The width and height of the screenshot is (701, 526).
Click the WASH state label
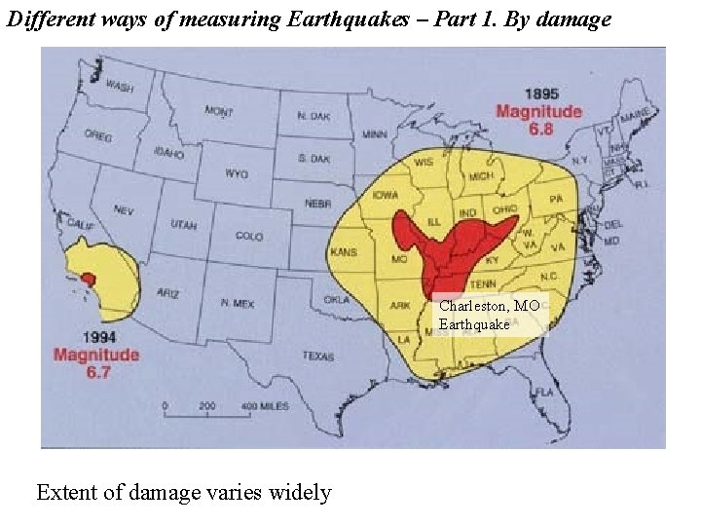pyautogui.click(x=120, y=87)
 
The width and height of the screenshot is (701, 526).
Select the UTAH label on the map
pyautogui.click(x=183, y=225)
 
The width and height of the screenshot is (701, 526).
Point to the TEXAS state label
pyautogui.click(x=317, y=357)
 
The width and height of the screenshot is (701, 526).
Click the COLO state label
pyautogui.click(x=248, y=236)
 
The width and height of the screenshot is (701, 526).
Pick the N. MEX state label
pyautogui.click(x=237, y=304)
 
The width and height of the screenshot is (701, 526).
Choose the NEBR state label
pyautogui.click(x=317, y=205)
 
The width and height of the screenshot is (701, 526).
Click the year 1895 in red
pyautogui.click(x=541, y=94)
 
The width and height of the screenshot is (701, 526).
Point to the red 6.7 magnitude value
pyautogui.click(x=96, y=370)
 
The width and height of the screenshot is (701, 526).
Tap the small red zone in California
pyautogui.click(x=89, y=279)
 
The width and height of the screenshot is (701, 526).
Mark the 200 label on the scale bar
pyautogui.click(x=207, y=406)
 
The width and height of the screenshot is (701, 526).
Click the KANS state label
pyautogui.click(x=343, y=252)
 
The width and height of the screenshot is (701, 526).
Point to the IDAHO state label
pyautogui.click(x=167, y=154)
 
